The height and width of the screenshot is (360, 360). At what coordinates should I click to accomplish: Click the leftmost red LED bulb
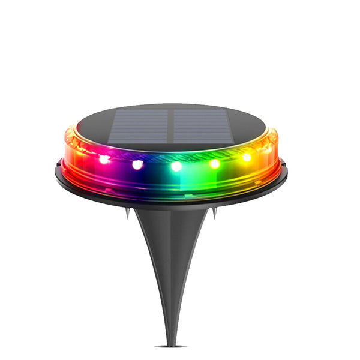coord(104,160)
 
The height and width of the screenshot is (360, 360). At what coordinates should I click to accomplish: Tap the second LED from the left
coord(137,164)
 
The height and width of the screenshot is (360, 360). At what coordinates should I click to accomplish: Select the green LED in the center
coord(176,166)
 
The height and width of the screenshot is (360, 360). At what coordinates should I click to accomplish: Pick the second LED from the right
coord(214,163)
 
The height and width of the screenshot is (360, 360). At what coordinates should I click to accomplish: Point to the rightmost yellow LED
coord(246,157)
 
